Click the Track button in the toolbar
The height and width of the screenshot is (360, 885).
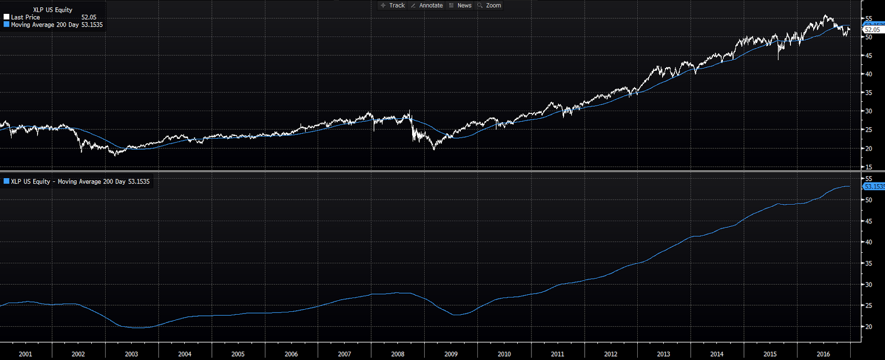point(393,6)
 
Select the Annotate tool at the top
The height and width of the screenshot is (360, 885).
point(427,6)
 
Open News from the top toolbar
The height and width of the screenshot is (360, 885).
point(461,6)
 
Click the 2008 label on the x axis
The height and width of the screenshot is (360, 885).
point(398,354)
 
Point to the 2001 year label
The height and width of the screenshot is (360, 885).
point(25,354)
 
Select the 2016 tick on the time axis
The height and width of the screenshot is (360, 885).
point(823,354)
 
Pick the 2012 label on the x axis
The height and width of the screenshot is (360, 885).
point(611,354)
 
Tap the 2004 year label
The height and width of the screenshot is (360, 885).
point(185,354)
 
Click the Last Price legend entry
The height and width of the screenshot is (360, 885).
point(25,17)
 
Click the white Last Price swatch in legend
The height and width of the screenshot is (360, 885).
point(7,17)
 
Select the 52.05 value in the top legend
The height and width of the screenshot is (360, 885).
point(88,17)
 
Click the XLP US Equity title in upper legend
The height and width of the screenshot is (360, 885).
point(53,9)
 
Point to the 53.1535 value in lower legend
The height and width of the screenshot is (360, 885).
point(139,181)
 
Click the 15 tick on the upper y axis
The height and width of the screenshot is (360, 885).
point(869,167)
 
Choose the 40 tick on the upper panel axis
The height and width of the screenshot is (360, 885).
point(869,74)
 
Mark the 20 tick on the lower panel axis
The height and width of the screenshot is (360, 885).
point(869,327)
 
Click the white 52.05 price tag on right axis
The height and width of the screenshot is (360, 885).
point(872,30)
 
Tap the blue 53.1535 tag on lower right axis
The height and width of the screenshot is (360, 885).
point(874,187)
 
